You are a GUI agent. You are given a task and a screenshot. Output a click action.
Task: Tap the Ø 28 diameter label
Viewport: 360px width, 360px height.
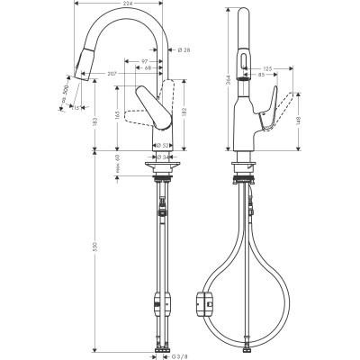[x=184, y=50]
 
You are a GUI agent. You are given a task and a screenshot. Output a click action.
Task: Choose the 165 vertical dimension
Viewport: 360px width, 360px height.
[x=117, y=115]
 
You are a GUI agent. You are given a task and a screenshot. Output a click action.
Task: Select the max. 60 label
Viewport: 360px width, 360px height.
[x=117, y=164]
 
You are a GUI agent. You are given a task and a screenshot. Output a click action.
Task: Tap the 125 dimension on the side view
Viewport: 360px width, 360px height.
[x=268, y=67]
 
